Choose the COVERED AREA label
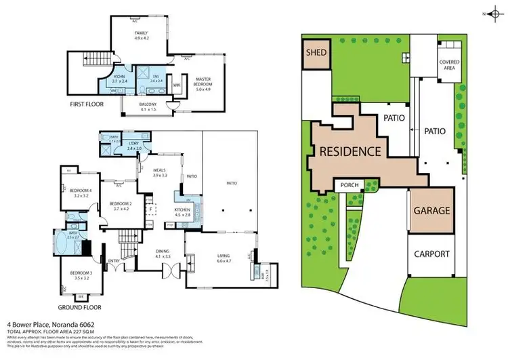tap(448, 65)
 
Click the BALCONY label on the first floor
tap(148, 106)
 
